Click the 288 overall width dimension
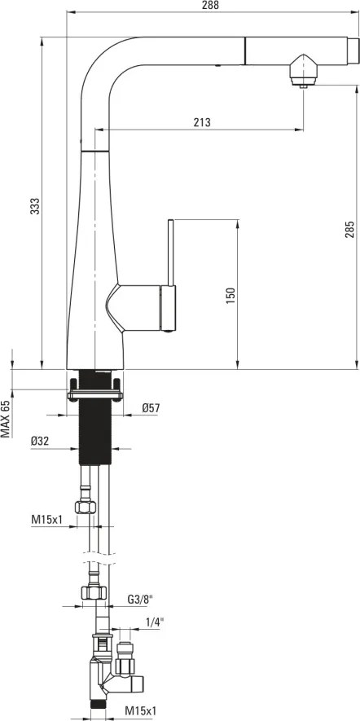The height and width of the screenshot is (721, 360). click(x=212, y=6)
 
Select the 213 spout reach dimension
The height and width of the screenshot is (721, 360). click(x=202, y=122)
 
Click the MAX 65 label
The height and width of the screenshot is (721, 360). click(x=6, y=419)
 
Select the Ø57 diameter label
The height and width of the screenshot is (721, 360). click(x=149, y=408)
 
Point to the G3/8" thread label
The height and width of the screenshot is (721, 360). click(x=139, y=600)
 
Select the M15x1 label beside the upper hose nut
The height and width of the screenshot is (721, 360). click(x=47, y=519)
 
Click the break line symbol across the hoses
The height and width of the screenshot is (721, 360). click(x=95, y=562)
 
